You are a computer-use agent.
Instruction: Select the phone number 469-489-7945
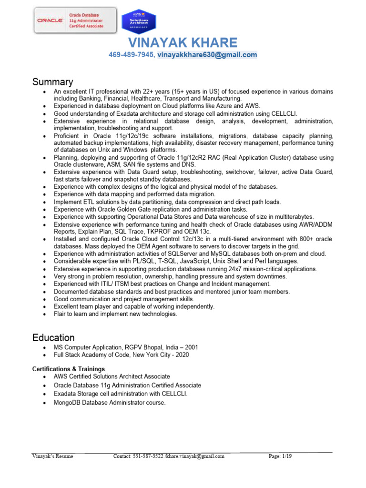[131, 55]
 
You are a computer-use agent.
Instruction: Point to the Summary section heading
[52, 82]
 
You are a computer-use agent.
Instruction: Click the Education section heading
[53, 338]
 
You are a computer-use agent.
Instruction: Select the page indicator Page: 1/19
[280, 456]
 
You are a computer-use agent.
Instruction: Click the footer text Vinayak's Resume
[52, 456]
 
